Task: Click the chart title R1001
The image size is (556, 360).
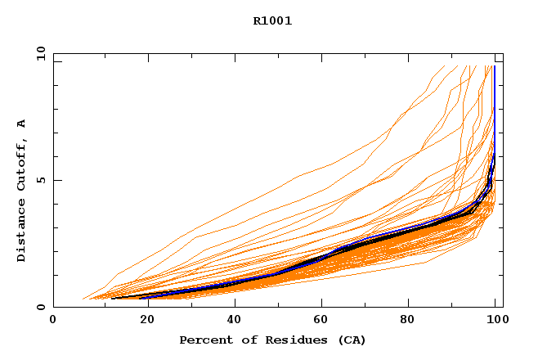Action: [x=272, y=21]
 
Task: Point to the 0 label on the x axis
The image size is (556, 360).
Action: [x=53, y=322]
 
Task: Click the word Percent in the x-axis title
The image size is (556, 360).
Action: [x=204, y=340]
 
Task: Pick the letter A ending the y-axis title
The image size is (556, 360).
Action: [x=21, y=124]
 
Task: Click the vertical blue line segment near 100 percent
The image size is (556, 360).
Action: [x=494, y=106]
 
